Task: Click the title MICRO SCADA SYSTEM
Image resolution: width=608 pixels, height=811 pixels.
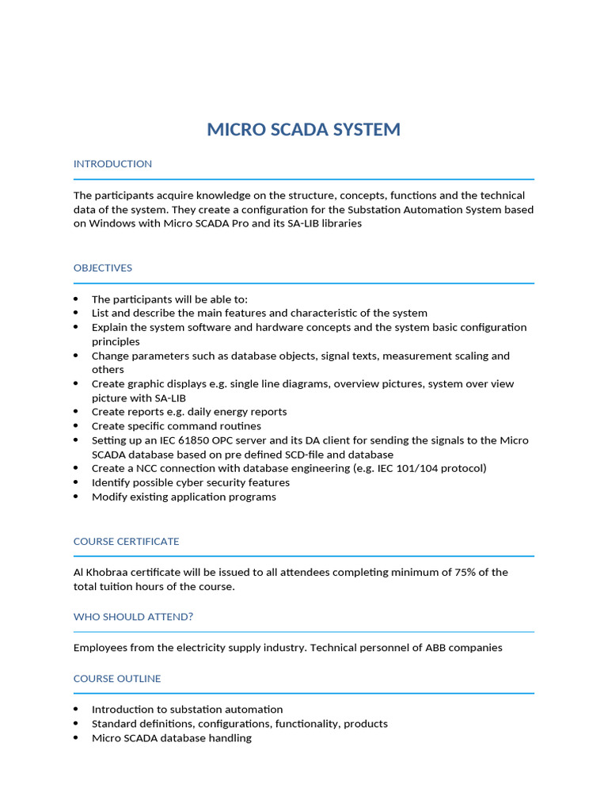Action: (303, 130)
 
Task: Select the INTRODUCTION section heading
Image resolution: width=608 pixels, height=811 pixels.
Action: (112, 164)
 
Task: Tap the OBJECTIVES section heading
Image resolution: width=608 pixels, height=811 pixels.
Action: (103, 268)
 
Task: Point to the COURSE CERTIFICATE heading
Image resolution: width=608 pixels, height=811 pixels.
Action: (126, 542)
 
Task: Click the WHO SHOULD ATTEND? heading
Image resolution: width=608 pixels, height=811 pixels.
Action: (133, 617)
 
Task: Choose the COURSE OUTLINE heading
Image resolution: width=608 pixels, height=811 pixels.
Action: (117, 679)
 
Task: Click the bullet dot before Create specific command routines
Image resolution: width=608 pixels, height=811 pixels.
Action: (76, 426)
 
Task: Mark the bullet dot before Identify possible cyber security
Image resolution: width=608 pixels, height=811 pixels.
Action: (76, 482)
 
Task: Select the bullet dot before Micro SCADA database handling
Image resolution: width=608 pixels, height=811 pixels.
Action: (76, 738)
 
